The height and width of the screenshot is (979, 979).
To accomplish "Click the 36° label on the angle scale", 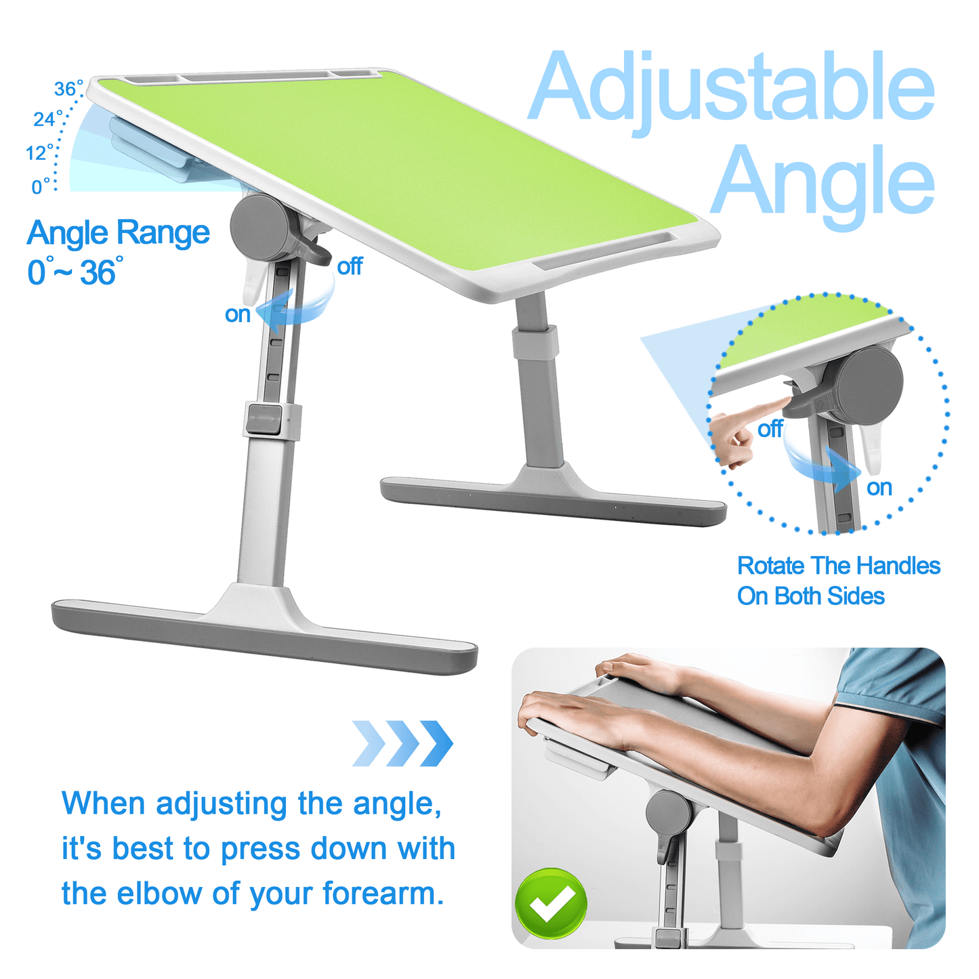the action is click(68, 88).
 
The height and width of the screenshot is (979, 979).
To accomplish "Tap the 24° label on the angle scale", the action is click(47, 119).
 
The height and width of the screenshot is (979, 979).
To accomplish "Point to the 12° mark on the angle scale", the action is click(39, 152).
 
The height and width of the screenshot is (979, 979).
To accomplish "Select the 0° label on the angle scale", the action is click(41, 186).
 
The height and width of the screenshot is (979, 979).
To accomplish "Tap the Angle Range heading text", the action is click(119, 234).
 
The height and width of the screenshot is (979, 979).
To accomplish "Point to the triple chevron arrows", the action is click(402, 743).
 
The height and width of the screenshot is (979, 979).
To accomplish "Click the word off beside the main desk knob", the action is click(350, 266).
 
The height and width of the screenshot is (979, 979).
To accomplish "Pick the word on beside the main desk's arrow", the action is click(238, 314).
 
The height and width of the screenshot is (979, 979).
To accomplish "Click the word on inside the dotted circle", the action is click(879, 488).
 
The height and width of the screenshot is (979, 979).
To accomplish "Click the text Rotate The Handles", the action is click(839, 566).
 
